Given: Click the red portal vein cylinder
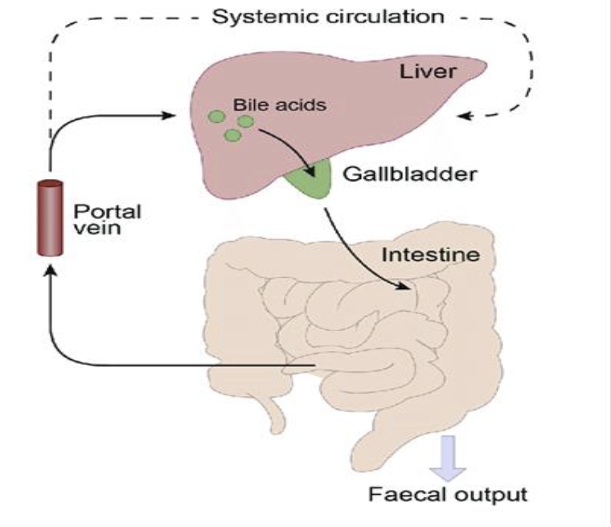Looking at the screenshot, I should click(50, 219).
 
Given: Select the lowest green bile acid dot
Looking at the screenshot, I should click(232, 135).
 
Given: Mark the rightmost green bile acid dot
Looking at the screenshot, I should click(245, 121).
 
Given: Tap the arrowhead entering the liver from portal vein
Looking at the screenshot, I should click(170, 116).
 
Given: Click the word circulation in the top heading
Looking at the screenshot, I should click(386, 16).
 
